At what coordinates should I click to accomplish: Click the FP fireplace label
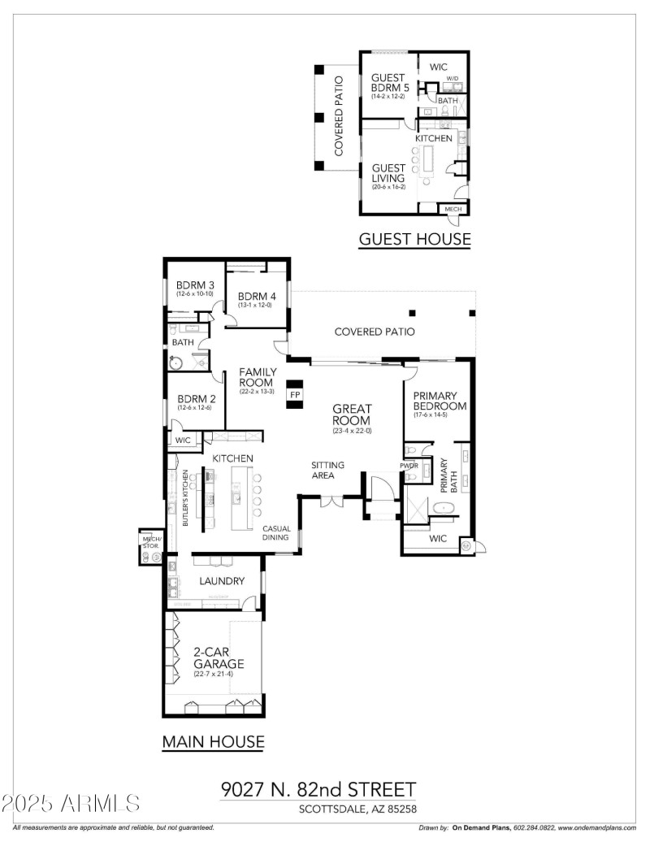click(295, 394)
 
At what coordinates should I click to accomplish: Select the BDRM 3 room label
click(195, 285)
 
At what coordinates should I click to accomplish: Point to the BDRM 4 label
click(257, 297)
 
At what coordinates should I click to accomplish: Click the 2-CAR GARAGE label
click(218, 658)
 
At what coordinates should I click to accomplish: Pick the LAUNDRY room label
click(222, 581)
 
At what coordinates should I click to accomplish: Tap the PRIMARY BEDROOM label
click(440, 401)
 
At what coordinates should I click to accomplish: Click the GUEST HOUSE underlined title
click(414, 239)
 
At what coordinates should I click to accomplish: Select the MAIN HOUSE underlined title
click(213, 741)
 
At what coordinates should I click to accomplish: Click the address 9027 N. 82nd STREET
click(318, 789)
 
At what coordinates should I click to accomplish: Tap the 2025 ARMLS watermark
click(71, 804)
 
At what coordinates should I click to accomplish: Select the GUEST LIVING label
click(388, 172)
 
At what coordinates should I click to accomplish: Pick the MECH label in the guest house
click(453, 209)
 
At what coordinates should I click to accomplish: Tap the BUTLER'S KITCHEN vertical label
click(185, 498)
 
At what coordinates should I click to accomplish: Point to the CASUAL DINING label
click(276, 533)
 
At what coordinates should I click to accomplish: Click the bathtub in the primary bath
click(444, 509)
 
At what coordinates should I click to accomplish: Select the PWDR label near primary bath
click(409, 466)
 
